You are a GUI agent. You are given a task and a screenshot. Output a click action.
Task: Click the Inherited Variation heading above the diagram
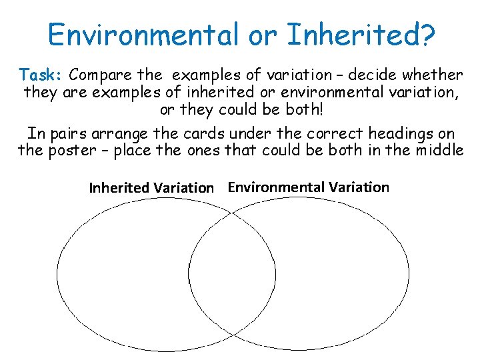[x=151, y=188]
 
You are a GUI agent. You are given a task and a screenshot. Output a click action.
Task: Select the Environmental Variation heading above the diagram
[x=308, y=187]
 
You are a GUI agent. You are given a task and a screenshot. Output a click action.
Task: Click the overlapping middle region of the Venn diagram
[x=232, y=273]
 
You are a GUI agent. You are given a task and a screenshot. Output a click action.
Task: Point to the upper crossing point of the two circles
[x=232, y=213]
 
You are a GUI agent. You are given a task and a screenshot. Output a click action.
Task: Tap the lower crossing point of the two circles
[x=232, y=334]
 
